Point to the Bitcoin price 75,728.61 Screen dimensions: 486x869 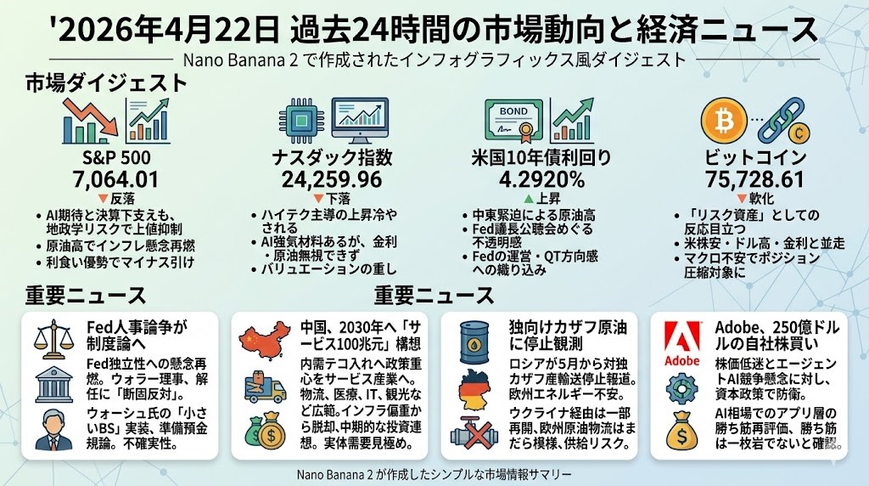click(x=748, y=179)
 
